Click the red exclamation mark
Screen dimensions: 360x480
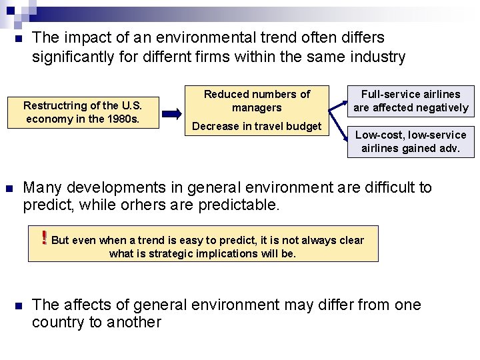(44, 238)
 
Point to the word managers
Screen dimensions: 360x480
(257, 107)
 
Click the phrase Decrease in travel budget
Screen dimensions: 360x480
(257, 127)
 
